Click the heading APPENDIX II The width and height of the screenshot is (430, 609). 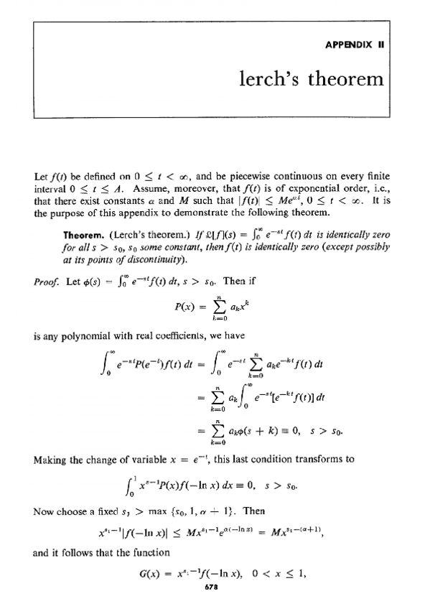[x=356, y=43]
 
